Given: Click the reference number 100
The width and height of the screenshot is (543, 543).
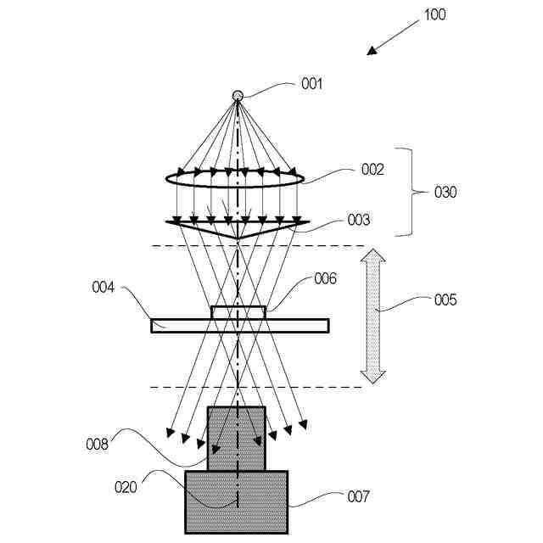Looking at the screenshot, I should pos(434,14).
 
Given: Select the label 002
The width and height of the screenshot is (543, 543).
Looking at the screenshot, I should pos(372,170).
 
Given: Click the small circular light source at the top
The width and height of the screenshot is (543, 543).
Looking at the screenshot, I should pos(238,96).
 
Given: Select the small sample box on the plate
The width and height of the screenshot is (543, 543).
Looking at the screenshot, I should pos(238,313).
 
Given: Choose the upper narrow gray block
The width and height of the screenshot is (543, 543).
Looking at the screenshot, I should pos(237,438).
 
